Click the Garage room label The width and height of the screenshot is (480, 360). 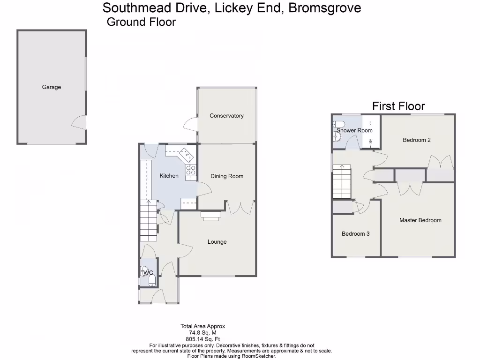(52, 87)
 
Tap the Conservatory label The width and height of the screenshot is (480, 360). (226, 116)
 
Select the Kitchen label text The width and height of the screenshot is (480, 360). (169, 176)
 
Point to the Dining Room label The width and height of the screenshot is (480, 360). (227, 176)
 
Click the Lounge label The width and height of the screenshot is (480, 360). (217, 242)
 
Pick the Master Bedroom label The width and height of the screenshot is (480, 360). (420, 220)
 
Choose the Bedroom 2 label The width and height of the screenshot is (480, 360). (416, 140)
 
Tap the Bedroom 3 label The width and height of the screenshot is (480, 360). (355, 234)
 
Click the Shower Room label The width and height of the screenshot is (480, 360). (354, 131)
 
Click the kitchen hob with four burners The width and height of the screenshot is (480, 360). (191, 172)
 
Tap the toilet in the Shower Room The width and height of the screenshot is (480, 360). (339, 124)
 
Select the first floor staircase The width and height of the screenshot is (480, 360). (341, 183)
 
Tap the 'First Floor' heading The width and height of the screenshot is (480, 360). (398, 106)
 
